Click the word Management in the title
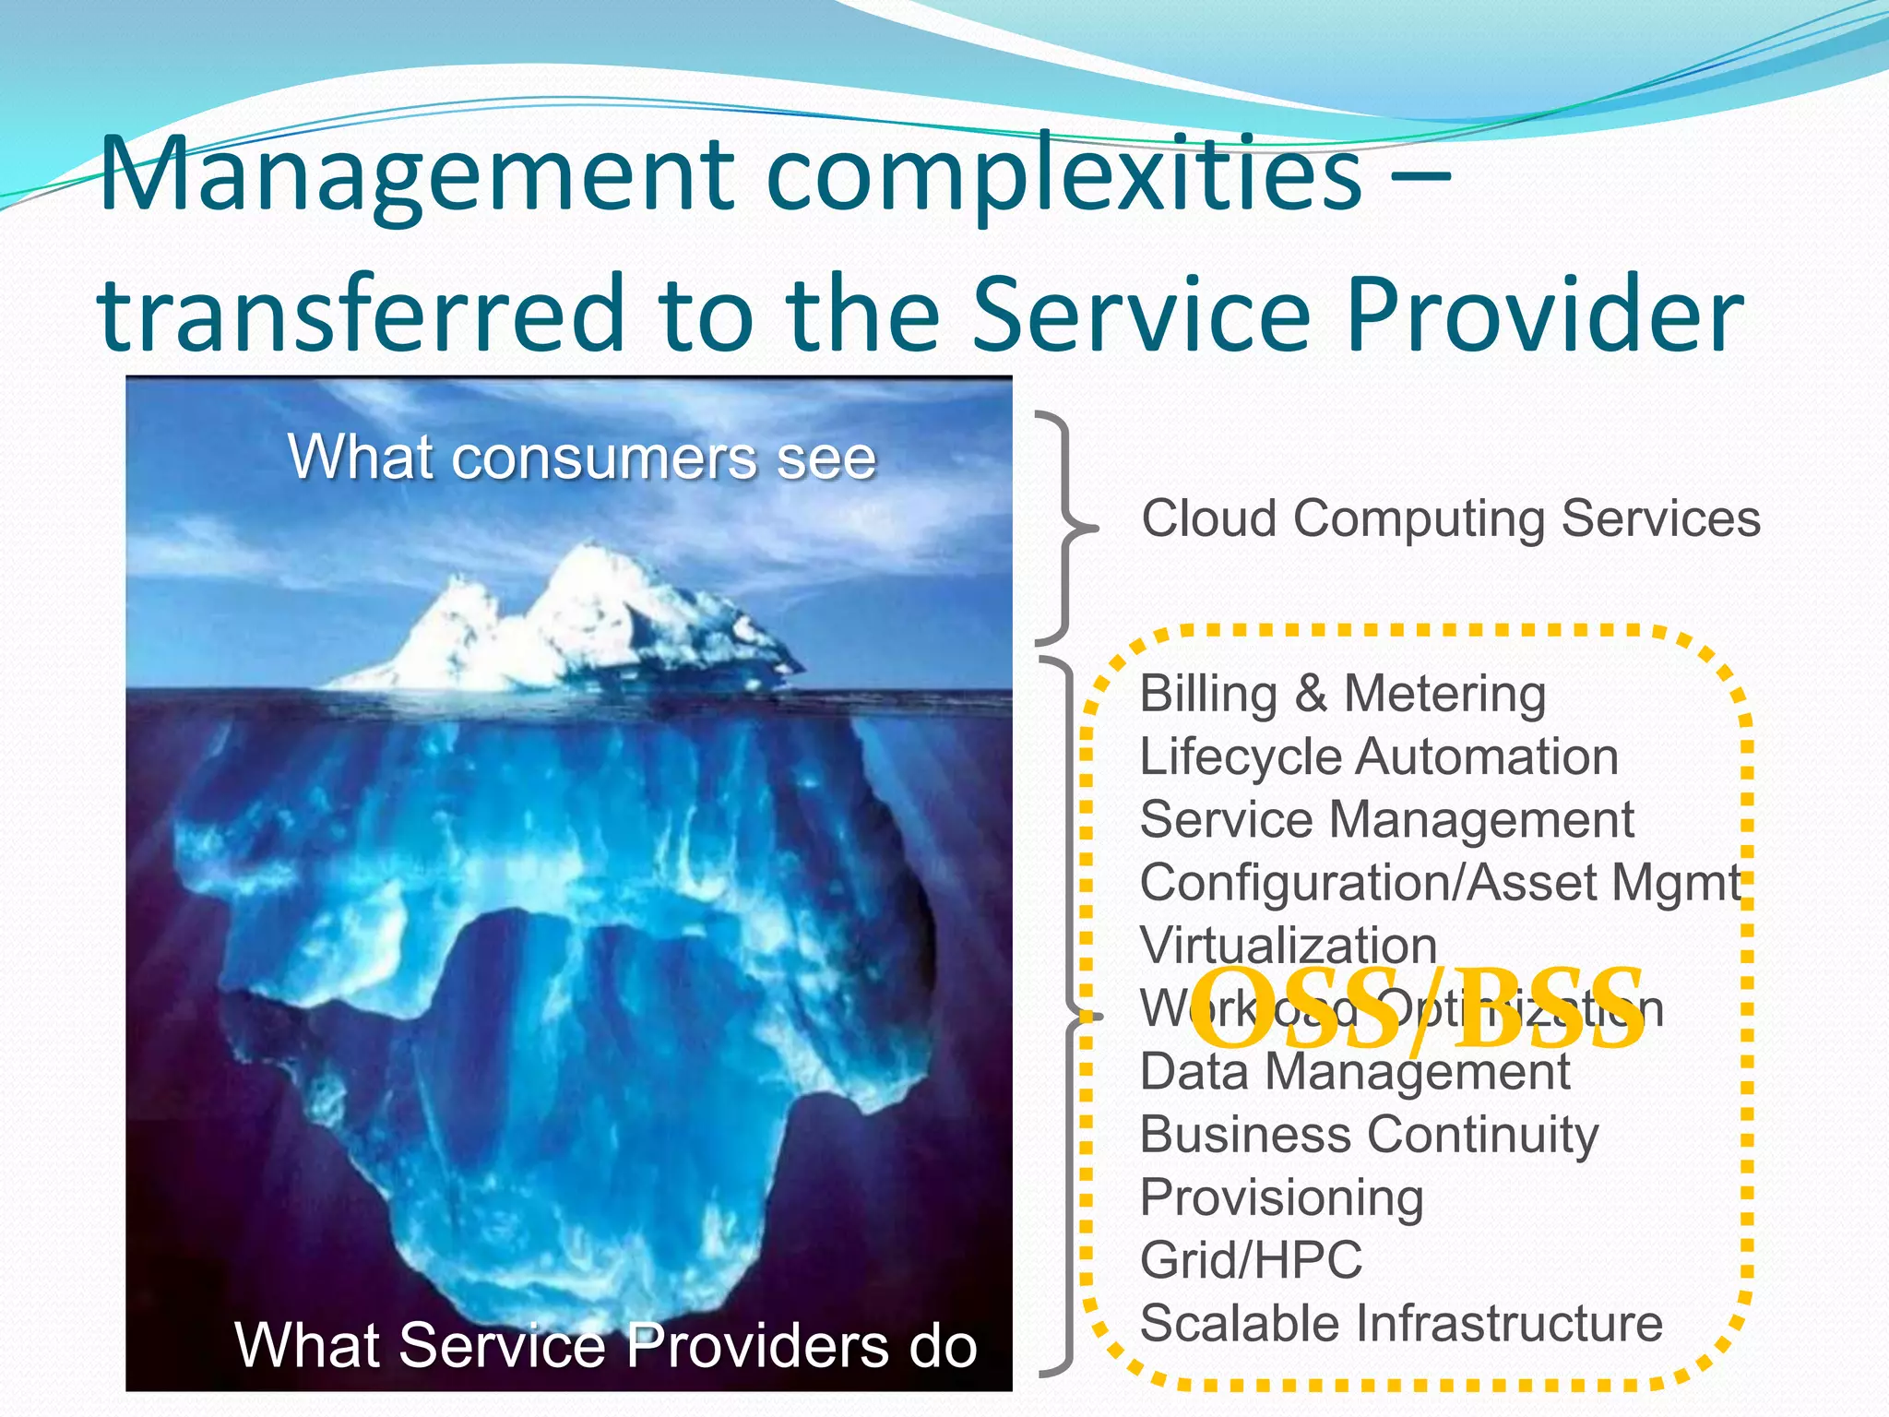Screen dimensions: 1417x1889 click(x=415, y=175)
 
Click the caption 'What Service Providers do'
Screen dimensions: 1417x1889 click(x=606, y=1345)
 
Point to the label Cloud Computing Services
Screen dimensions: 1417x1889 click(x=1451, y=518)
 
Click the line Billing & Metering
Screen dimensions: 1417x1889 click(x=1342, y=694)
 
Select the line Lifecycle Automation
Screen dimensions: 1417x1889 click(x=1379, y=757)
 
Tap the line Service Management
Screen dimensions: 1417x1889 click(x=1386, y=820)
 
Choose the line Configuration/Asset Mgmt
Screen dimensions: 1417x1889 click(x=1440, y=883)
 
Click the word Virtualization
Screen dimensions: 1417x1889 click(x=1289, y=946)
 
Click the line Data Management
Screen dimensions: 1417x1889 click(x=1354, y=1072)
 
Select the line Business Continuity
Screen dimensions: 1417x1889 click(x=1369, y=1135)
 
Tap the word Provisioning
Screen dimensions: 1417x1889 click(x=1281, y=1197)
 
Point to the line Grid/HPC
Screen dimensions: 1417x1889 click(x=1251, y=1260)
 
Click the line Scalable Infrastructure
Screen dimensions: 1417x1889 click(x=1401, y=1323)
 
